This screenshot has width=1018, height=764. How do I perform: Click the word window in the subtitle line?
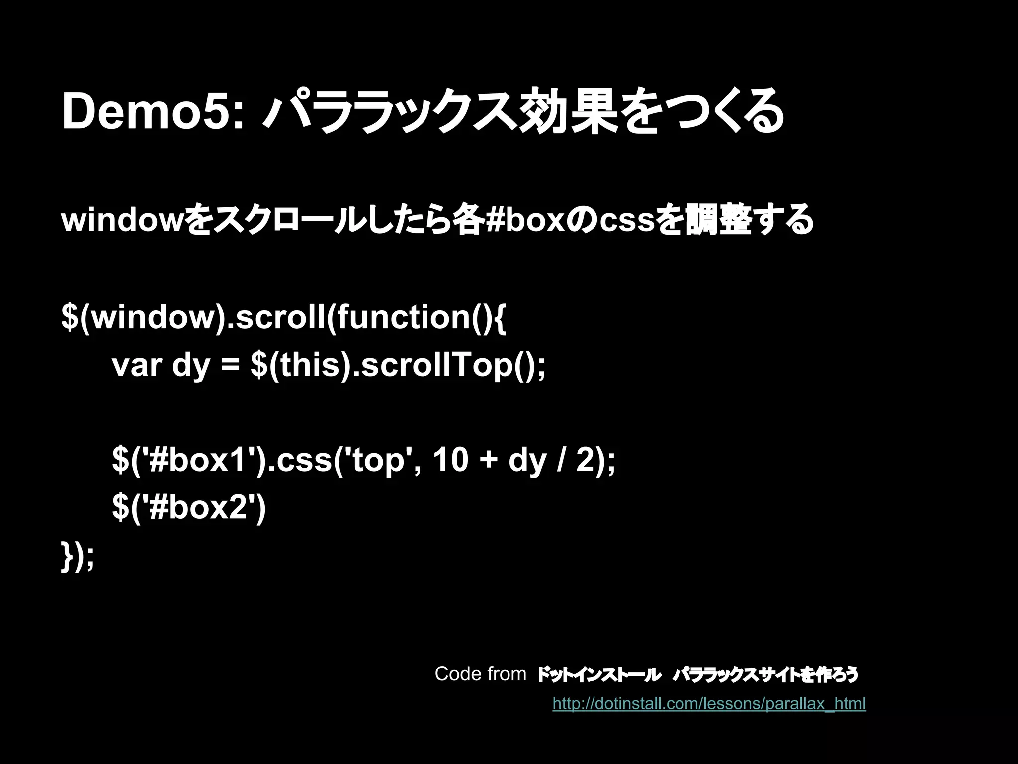pos(122,220)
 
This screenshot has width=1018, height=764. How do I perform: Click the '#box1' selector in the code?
pos(201,460)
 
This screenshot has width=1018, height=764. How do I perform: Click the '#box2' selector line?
pos(189,508)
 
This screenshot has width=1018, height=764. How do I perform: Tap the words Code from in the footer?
pos(480,674)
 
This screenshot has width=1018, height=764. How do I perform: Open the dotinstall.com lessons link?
pos(709,704)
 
